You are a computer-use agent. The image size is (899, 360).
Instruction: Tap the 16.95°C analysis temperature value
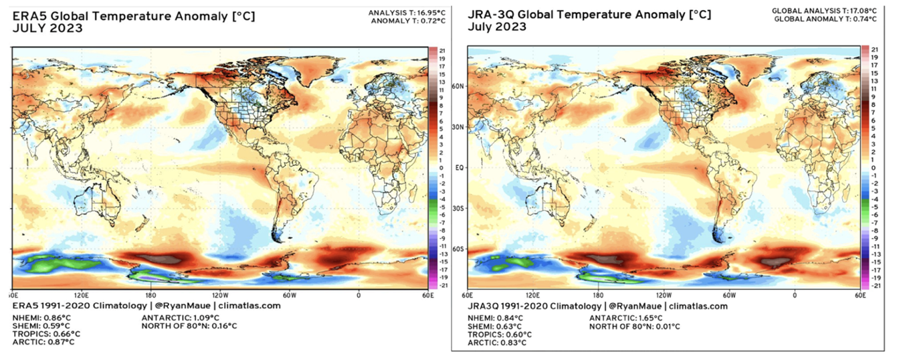(415, 13)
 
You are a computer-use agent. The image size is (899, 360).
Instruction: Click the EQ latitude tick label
(460, 168)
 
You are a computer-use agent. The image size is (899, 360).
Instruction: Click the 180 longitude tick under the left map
(151, 294)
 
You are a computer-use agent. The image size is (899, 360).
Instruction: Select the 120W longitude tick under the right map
(664, 294)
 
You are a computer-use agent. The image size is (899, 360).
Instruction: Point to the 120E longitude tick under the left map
(82, 294)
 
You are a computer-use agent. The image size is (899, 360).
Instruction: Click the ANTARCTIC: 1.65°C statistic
(625, 318)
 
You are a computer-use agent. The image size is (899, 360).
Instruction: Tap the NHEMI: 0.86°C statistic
(41, 317)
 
